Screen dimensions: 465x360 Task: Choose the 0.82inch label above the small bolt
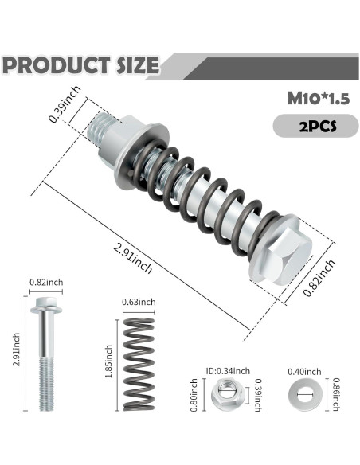coord(44,283)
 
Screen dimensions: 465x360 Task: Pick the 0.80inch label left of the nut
coord(194,392)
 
